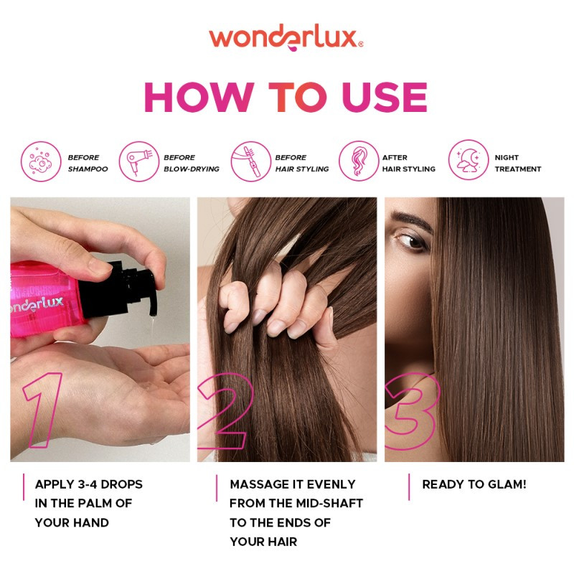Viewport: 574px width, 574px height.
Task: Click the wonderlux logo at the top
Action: (286, 37)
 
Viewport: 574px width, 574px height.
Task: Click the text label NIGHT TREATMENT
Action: (517, 163)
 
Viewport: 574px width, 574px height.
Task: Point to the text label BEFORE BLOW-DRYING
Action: (191, 163)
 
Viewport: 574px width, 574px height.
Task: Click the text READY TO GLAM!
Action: (474, 484)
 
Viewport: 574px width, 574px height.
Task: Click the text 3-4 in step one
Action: (94, 484)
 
